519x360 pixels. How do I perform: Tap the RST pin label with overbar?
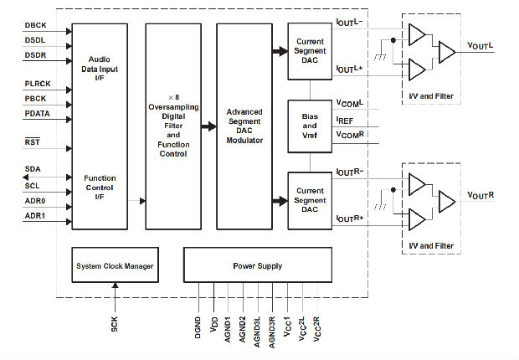tap(32, 142)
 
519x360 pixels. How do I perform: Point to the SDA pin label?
tap(32, 169)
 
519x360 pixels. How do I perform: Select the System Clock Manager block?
tap(115, 265)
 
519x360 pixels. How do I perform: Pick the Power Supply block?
tap(258, 265)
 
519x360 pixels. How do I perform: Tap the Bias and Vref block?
tap(310, 126)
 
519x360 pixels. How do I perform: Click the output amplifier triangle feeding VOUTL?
tap(446, 53)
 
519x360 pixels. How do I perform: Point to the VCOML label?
tap(350, 105)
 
